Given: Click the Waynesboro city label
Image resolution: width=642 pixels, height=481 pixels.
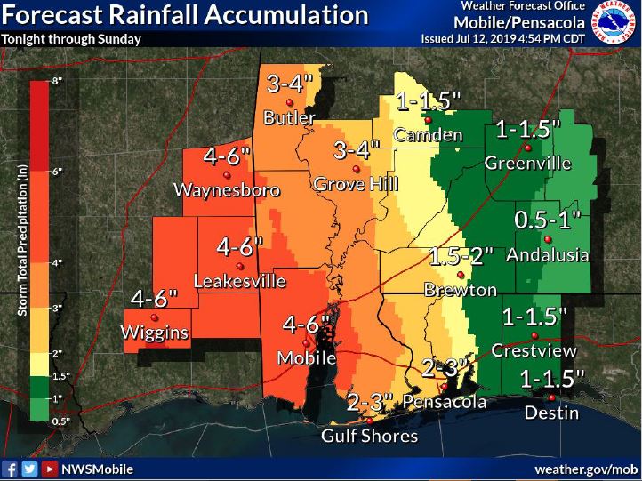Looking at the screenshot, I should pos(227,190).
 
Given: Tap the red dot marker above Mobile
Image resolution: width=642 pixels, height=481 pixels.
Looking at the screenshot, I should pos(307,343).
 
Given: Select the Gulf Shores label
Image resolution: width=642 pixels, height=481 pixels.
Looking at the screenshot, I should pos(369,437).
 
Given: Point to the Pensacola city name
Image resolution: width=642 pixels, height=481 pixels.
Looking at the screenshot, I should pos(445,402).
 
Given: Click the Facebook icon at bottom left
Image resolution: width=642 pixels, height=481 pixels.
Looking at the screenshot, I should pos(12,468).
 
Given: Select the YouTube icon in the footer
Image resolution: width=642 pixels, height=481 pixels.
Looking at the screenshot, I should pos(50,468).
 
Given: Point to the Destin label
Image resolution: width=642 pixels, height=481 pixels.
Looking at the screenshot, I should pos(550,413).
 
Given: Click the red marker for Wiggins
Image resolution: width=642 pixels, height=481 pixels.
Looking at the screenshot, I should pos(155,317).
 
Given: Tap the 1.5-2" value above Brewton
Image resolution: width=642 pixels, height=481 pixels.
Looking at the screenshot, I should pos(461,258).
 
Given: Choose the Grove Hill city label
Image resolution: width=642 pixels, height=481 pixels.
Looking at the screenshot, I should pos(357,184).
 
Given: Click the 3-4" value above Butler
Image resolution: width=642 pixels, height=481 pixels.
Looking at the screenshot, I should pos(290,85).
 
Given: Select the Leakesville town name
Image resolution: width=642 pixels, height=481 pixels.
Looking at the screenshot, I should pos(240,282).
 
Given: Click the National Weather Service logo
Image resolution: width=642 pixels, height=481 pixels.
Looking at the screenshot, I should pos(616,24).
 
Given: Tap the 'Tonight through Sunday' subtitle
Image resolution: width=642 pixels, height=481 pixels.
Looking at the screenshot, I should pos(61,38).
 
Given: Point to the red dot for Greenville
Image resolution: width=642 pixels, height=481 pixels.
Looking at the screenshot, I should pos(527,148).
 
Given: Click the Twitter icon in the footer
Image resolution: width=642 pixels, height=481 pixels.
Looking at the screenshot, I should pos(30,468).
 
